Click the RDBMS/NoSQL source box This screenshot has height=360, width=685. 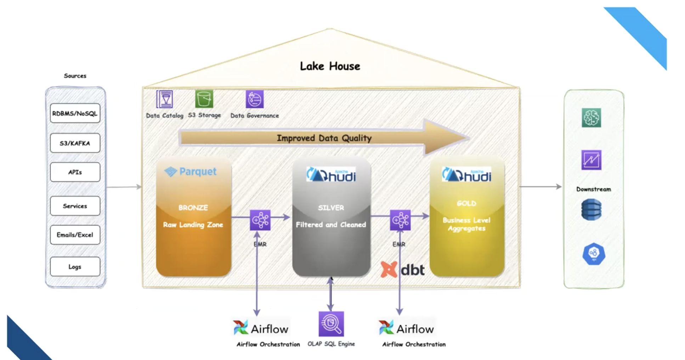pyautogui.click(x=75, y=113)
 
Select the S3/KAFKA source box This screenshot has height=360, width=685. pyautogui.click(x=75, y=143)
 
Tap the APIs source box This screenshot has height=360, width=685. pyautogui.click(x=75, y=172)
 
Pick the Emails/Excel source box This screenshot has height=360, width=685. pyautogui.click(x=75, y=235)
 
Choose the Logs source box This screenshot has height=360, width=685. pyautogui.click(x=75, y=266)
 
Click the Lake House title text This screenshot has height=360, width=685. pyautogui.click(x=330, y=66)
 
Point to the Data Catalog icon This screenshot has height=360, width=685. pyautogui.click(x=165, y=99)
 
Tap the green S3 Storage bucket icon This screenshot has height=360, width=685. pyautogui.click(x=204, y=99)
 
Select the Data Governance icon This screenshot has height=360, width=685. pyautogui.click(x=255, y=99)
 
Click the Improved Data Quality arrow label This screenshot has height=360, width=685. pyautogui.click(x=324, y=138)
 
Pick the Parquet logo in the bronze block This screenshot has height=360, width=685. pyautogui.click(x=191, y=172)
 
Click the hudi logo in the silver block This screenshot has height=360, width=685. pyautogui.click(x=331, y=175)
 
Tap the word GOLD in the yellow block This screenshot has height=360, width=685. pyautogui.click(x=466, y=203)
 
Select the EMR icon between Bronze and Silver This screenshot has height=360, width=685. pyautogui.click(x=260, y=220)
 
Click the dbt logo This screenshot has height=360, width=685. pyautogui.click(x=403, y=270)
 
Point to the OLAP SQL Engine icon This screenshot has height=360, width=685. pyautogui.click(x=331, y=324)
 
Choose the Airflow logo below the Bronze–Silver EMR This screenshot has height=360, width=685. pyautogui.click(x=261, y=328)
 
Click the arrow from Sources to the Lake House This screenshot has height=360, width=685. pyautogui.click(x=124, y=187)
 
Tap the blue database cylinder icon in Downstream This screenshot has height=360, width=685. pyautogui.click(x=591, y=209)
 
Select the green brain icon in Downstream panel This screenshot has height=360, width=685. pyautogui.click(x=591, y=118)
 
